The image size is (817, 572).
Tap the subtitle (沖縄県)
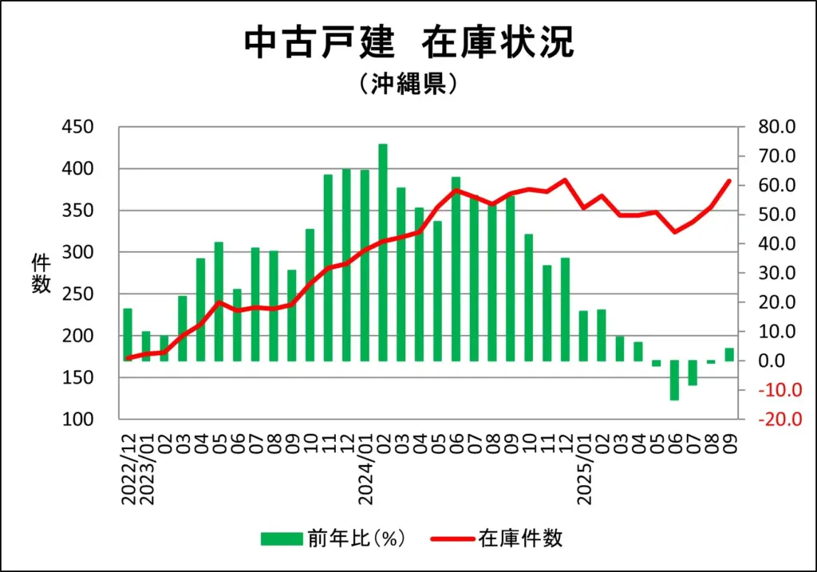tap(408, 84)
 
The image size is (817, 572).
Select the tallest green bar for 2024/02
tap(383, 252)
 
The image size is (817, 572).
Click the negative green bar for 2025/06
tap(674, 380)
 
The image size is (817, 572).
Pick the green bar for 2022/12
tap(128, 334)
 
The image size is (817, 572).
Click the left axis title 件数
tap(41, 273)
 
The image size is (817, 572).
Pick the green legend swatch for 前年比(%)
tap(281, 539)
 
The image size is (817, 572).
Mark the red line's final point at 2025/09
tap(728, 181)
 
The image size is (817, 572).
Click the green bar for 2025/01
tap(583, 335)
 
